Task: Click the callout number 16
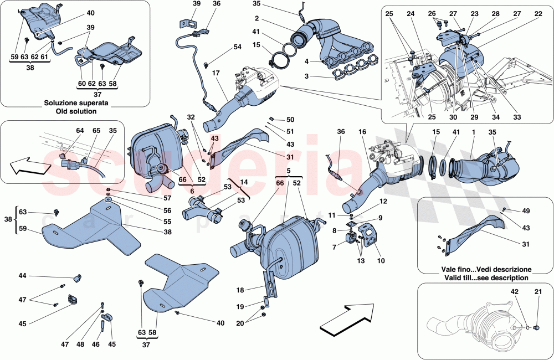(x=362, y=133)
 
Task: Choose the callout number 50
(x=291, y=120)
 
